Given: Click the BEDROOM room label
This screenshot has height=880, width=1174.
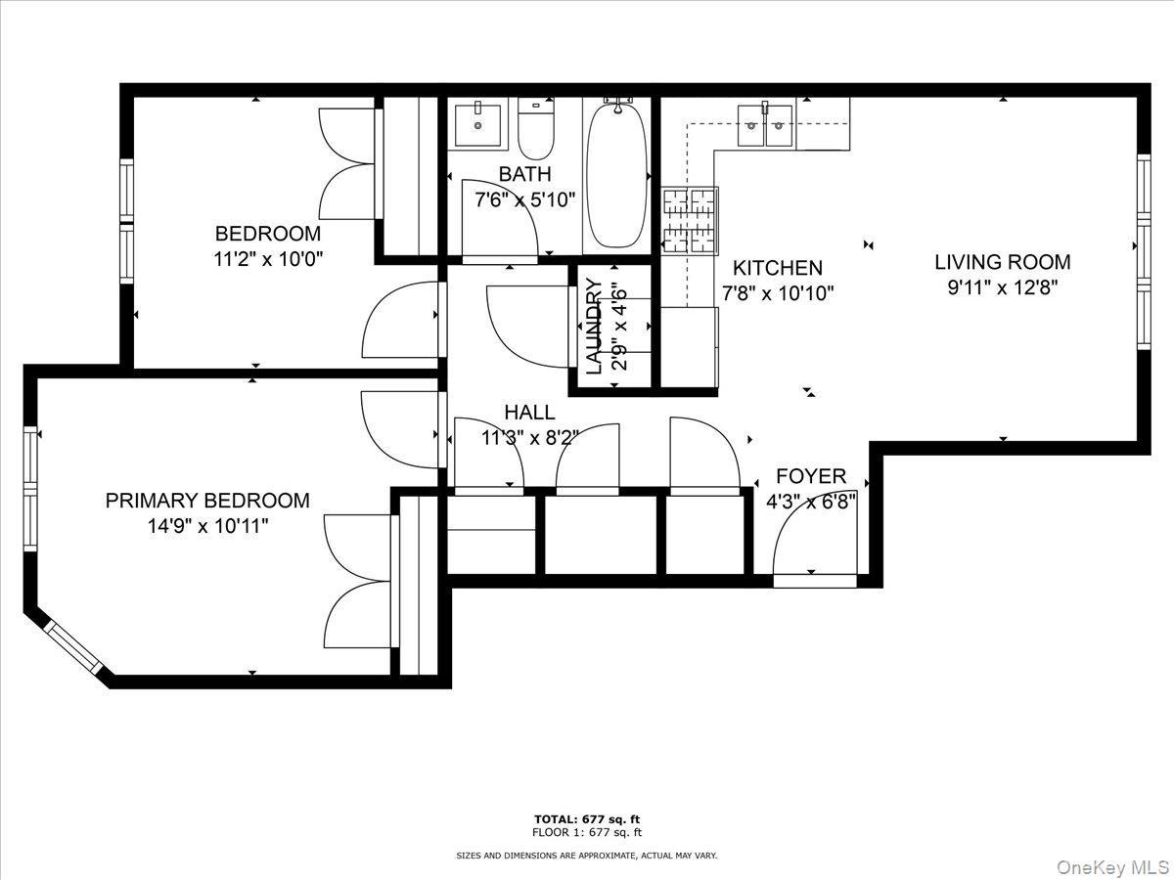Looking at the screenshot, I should pos(267,235).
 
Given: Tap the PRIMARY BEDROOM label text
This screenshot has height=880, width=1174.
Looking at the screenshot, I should pos(207,501).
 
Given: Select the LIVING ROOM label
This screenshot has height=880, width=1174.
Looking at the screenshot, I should pos(1002,262).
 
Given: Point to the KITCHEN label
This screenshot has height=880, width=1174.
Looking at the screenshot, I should pos(778,268).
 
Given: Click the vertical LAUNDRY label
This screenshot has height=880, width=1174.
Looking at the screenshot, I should pos(594,327).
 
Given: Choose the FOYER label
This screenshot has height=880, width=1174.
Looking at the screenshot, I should pos(810,476).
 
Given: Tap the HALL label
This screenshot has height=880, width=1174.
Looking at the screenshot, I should pos(529,413).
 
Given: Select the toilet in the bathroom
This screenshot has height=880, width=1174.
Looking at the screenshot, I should pos(535,132).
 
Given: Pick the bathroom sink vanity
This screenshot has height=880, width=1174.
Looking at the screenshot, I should pos(478,123).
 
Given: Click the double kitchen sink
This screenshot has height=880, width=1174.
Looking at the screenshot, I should pos(764,124).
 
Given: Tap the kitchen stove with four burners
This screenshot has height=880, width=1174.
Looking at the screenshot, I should pos(690,220).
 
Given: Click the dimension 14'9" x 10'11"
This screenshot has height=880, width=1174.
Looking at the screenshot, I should pos(206,526).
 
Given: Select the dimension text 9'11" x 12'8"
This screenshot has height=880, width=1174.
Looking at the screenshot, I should pos(1002,287).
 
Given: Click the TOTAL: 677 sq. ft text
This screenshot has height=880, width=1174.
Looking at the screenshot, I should pos(587,818).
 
